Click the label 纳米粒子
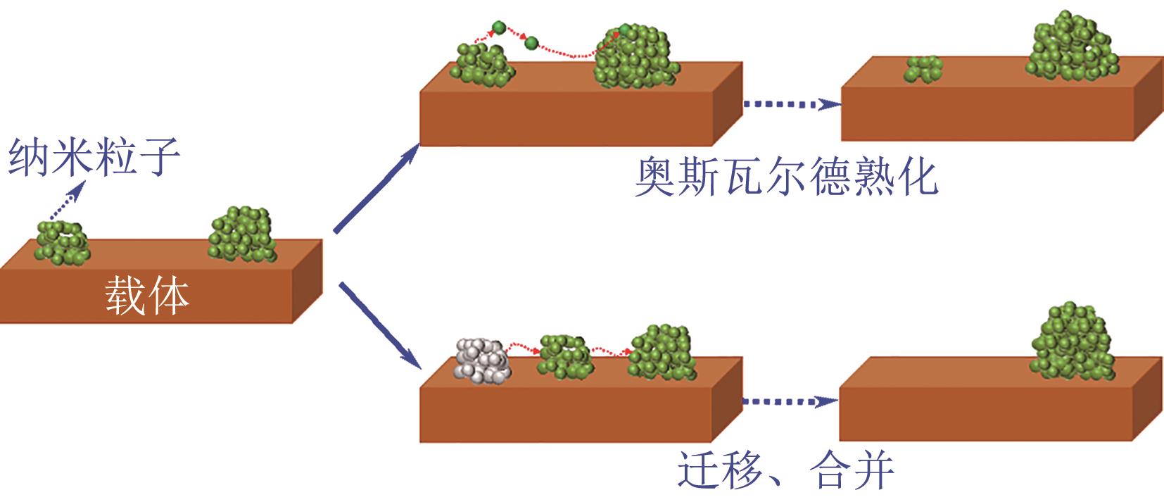94,157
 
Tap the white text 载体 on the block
148,295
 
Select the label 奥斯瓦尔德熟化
786,177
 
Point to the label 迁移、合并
785,470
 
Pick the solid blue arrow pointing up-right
377,188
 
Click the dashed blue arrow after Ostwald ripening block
791,104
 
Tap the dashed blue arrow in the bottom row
790,401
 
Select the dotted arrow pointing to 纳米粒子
67,201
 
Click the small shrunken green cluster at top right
924,69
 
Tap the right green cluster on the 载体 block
242,234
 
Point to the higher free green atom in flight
498,29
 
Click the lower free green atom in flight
531,44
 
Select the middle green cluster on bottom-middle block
566,356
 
